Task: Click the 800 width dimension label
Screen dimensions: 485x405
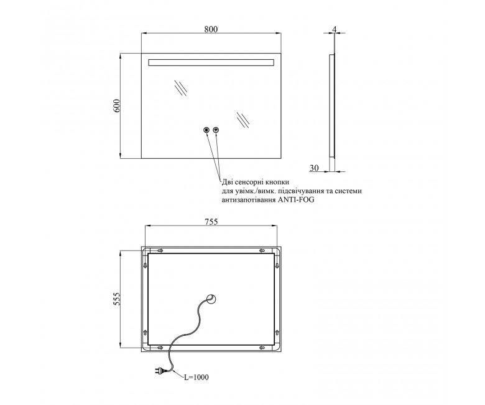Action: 211,29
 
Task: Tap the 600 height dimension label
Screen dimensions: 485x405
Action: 116,106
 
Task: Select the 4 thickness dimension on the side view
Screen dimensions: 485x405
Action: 334,29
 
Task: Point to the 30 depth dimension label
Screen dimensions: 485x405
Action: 314,168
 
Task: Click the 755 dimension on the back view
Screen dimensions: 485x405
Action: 211,222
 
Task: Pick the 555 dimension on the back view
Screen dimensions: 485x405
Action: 116,298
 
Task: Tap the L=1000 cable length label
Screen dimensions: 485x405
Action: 196,377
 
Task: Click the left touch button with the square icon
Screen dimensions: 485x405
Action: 206,130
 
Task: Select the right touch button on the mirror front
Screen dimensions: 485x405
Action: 216,130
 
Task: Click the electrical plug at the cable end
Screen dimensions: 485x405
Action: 160,369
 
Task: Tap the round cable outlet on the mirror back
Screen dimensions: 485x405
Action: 212,298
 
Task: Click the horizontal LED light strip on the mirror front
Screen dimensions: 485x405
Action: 211,62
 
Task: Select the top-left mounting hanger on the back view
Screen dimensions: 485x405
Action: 160,250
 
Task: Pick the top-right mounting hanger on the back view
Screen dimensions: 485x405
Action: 262,250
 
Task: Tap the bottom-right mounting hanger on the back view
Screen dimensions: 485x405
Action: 262,348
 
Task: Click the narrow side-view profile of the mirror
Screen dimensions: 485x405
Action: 332,105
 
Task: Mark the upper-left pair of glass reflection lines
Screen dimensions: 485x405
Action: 180,88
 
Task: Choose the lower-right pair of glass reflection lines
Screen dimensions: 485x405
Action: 243,120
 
